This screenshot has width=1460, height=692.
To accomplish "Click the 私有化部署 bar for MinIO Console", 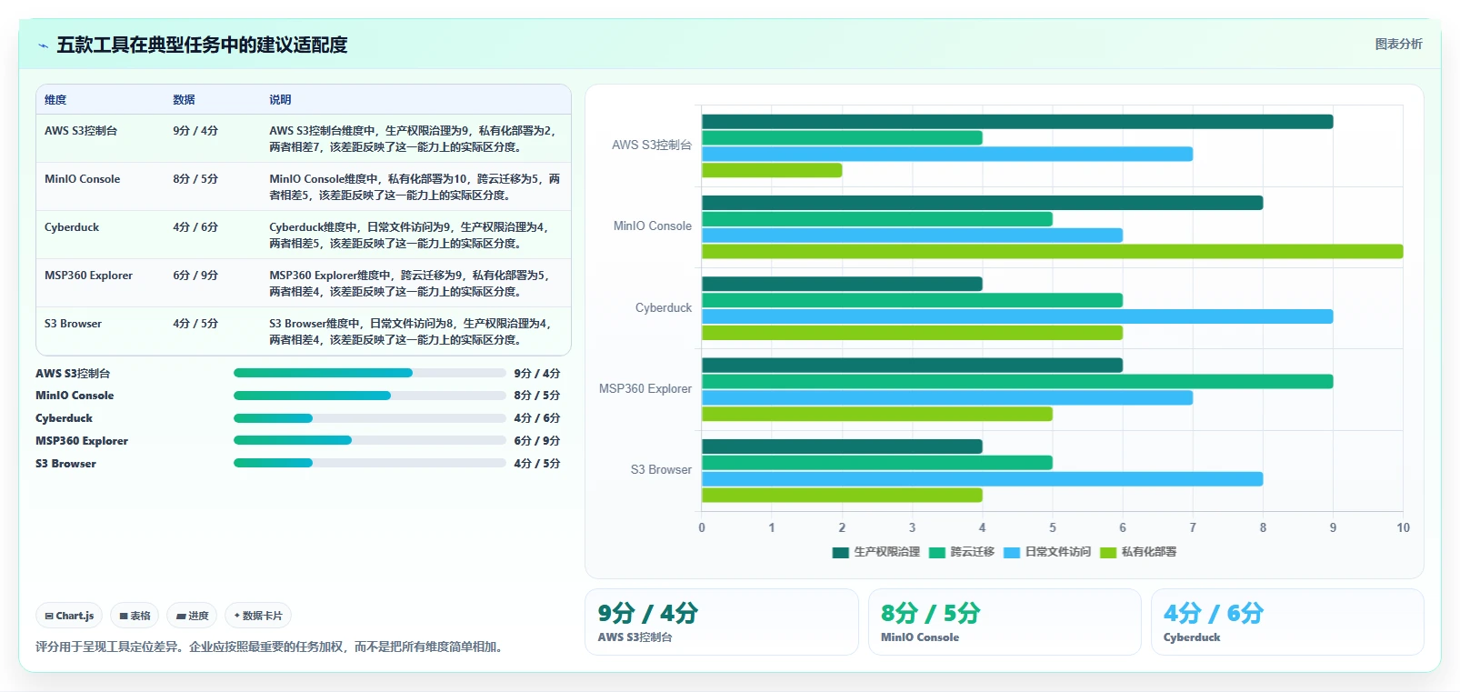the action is [1052, 251].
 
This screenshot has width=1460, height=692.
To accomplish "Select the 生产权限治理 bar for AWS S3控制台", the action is [1017, 121].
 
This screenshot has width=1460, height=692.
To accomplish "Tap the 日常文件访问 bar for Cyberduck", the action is [1017, 316].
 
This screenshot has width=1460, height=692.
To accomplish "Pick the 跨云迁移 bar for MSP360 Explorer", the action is [1017, 381].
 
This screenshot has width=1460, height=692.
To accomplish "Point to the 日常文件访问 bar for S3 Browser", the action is [982, 478].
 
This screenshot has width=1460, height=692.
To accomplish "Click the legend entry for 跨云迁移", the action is [962, 552].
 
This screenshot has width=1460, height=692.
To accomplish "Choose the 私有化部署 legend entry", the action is [1138, 552].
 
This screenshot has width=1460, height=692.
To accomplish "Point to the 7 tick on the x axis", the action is [1193, 527].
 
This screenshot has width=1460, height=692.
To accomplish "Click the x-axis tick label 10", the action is [1403, 527].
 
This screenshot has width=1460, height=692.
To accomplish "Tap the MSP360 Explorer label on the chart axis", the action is [645, 388].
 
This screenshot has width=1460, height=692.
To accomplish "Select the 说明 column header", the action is [280, 100].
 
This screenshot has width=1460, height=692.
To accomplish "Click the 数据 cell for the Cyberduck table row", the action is [195, 227].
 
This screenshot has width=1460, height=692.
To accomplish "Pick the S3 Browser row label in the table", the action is [73, 324].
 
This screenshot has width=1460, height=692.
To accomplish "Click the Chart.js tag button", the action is [69, 616].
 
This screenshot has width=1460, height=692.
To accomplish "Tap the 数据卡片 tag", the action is [258, 616].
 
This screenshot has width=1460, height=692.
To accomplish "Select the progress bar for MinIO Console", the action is [370, 396].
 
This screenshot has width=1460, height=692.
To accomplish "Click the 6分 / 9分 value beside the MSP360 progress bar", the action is [537, 441].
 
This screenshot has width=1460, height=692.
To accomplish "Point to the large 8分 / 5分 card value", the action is [931, 613].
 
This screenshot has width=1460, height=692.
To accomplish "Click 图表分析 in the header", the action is [1399, 44].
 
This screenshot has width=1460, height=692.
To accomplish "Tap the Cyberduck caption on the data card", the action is [1192, 637].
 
